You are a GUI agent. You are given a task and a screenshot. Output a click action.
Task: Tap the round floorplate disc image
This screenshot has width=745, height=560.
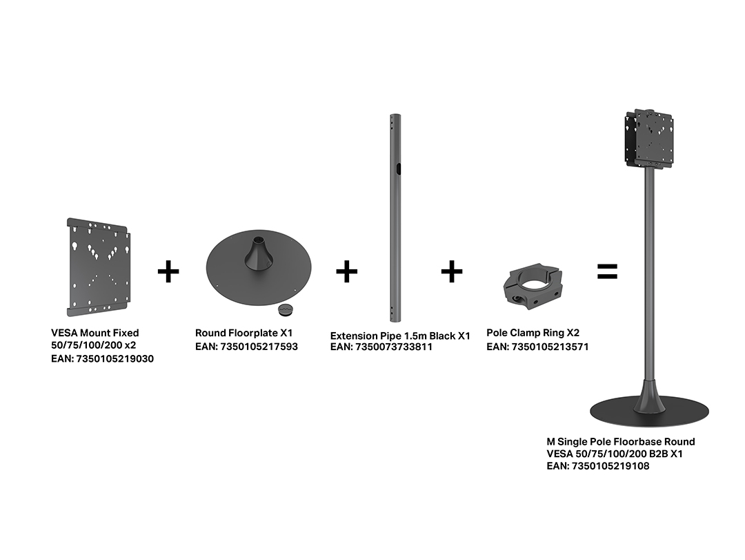(x=259, y=267)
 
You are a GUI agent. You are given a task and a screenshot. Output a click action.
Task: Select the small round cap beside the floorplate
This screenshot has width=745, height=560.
(x=286, y=310)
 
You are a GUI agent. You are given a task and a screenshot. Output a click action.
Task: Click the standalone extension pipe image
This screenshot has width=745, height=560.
(x=395, y=218)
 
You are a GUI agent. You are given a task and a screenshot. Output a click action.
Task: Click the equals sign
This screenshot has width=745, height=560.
(x=607, y=271)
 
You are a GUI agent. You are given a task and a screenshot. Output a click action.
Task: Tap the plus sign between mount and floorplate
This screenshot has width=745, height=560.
(x=168, y=271)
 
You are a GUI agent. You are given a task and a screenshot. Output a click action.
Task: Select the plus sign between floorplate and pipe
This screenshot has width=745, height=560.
(x=346, y=271)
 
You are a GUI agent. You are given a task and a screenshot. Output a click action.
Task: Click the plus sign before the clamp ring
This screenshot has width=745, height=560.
(x=451, y=271)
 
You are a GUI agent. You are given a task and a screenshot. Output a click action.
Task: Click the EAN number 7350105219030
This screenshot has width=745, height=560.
(x=115, y=359)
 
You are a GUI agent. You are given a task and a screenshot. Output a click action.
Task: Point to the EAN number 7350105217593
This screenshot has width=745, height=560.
(x=259, y=347)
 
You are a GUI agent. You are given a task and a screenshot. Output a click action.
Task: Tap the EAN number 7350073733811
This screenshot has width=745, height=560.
(x=394, y=347)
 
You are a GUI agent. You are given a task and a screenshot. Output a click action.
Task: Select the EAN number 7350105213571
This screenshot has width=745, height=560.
(x=550, y=347)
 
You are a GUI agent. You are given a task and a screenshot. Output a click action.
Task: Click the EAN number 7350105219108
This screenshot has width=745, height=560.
(x=610, y=466)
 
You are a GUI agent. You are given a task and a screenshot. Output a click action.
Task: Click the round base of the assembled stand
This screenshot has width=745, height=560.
(x=650, y=412)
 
